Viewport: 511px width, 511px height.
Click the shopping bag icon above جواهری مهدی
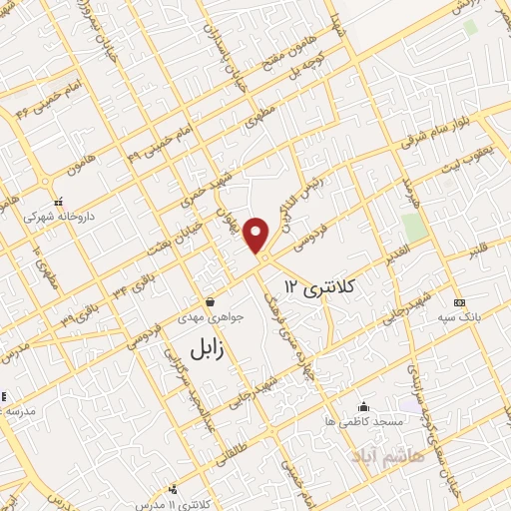pos(210,300)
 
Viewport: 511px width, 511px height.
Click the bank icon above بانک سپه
pos(458,302)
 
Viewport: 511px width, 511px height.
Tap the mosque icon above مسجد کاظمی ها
pos(362,407)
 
